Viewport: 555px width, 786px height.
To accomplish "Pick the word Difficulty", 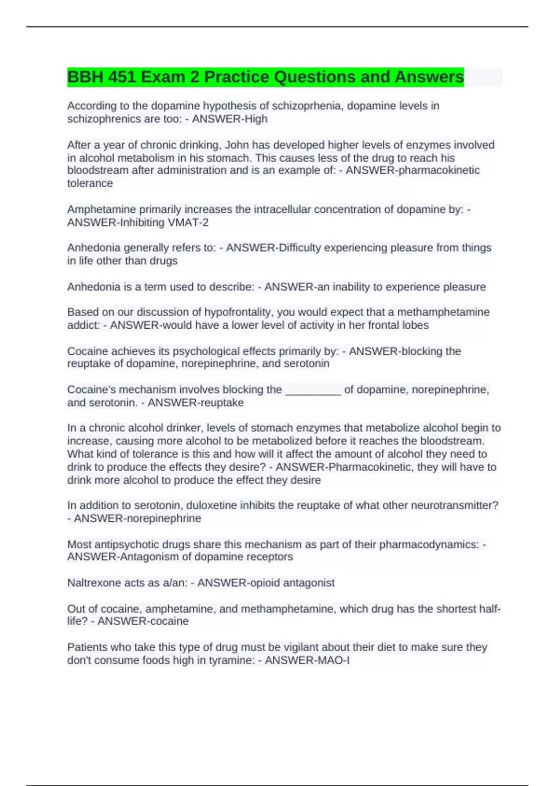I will coord(299,248).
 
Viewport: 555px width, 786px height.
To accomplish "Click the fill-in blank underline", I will coord(313,390).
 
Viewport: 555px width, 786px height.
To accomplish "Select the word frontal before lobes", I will coord(386,325).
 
